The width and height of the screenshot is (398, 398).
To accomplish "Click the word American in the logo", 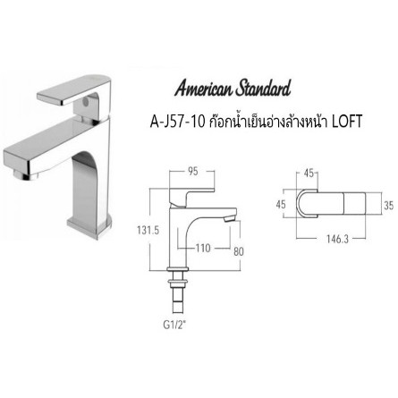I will [205, 90].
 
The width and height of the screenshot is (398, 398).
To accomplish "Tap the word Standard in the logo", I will [259, 90].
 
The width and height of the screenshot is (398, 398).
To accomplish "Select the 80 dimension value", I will [238, 250].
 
